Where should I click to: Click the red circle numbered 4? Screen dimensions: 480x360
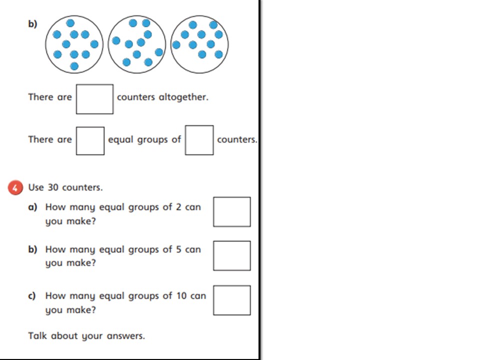point(15,187)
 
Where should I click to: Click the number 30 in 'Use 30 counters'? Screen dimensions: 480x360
point(53,187)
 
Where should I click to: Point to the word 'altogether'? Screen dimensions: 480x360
point(183,97)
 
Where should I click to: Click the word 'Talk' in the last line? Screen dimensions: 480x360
point(37,336)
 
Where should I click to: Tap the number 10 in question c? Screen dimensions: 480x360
point(181,295)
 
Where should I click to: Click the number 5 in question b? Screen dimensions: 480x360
point(179,249)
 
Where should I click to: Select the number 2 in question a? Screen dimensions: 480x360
point(179,207)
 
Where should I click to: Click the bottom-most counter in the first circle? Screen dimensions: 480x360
point(74,66)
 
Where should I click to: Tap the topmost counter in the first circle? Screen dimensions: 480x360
point(70,23)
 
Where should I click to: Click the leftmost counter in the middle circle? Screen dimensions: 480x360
point(116,40)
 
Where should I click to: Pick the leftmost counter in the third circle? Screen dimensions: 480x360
point(176,45)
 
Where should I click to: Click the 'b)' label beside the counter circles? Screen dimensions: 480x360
point(32,23)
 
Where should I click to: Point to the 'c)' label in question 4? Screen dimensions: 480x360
point(32,296)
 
